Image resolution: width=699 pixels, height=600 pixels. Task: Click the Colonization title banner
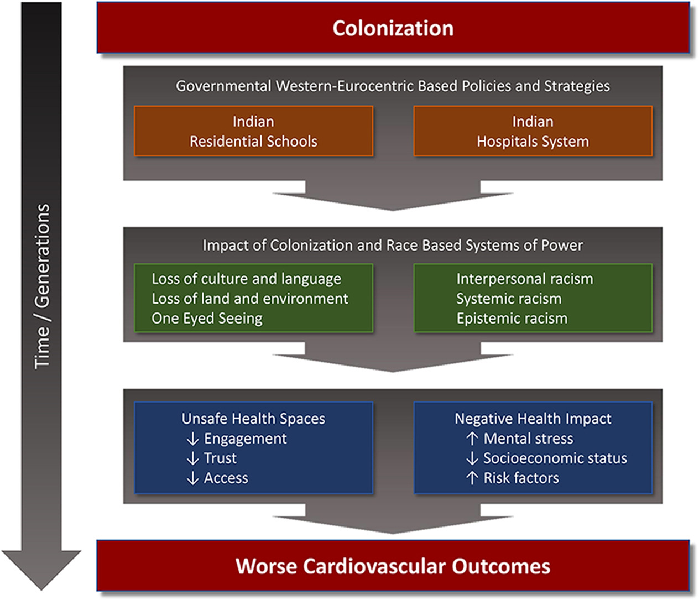point(393,28)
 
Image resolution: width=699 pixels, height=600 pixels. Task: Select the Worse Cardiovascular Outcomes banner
point(393,566)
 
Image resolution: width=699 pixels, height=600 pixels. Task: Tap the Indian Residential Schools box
point(253,132)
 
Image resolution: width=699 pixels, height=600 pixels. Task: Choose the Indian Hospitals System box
point(533,132)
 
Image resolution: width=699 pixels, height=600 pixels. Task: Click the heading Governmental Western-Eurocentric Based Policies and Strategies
point(393,86)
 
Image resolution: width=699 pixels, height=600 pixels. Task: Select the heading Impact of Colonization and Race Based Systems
point(393,246)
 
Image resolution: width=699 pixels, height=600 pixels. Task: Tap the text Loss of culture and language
point(246,279)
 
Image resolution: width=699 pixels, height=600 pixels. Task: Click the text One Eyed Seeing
point(207,319)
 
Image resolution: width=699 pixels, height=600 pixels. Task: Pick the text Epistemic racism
point(512,319)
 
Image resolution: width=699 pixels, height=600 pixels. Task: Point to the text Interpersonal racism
point(524,279)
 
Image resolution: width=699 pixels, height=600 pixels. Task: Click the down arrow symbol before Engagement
point(192,439)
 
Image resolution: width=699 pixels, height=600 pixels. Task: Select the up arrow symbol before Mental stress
point(472,439)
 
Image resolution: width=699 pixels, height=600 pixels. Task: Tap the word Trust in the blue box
point(220,458)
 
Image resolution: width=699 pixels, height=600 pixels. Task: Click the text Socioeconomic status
point(555,458)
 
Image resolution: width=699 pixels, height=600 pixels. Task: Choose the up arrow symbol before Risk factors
point(472,478)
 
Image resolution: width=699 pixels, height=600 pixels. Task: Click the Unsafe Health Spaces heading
point(253,419)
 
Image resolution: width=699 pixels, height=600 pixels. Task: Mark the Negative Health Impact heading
point(533,419)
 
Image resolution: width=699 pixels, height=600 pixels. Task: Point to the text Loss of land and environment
point(250,299)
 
